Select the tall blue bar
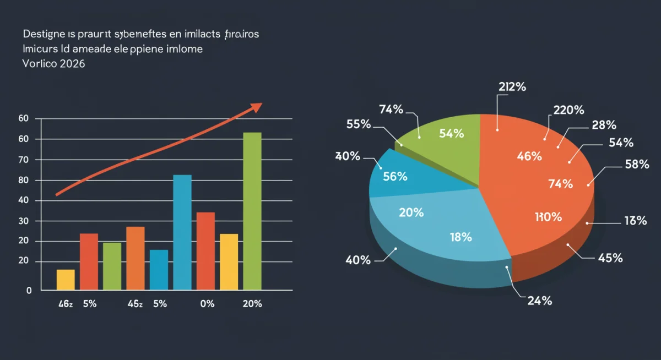[x=182, y=232]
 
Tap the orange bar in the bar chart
[x=136, y=258]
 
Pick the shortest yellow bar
[x=66, y=280]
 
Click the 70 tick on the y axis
[x=23, y=160]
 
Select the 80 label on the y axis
[x=23, y=181]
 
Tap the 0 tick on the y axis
[x=29, y=291]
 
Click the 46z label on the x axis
[x=65, y=304]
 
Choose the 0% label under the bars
[x=207, y=304]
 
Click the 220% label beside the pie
[x=568, y=110]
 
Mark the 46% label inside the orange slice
[x=530, y=156]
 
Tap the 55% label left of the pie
[x=359, y=124]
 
